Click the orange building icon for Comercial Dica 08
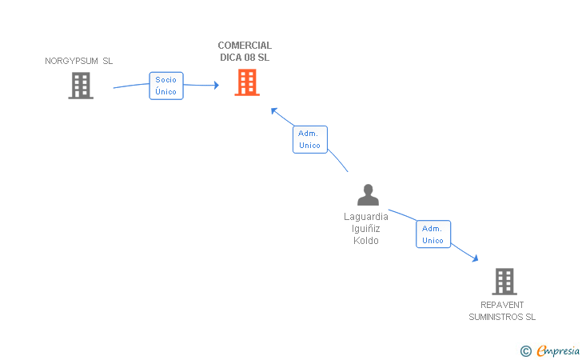(247, 82)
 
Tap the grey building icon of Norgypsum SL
(81, 86)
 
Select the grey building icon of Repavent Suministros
(504, 281)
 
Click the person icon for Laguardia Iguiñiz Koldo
(367, 195)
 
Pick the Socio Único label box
(166, 86)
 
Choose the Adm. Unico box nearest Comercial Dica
(309, 139)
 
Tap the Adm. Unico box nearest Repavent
(433, 234)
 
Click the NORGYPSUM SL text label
(79, 61)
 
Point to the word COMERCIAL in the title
(245, 46)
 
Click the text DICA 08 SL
(245, 58)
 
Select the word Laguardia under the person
(366, 217)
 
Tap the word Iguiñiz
(366, 229)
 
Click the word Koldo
(366, 241)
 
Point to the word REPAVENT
(502, 305)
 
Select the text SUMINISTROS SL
(502, 317)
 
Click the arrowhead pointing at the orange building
(215, 86)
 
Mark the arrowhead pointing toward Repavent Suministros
(475, 258)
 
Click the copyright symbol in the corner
(525, 350)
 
